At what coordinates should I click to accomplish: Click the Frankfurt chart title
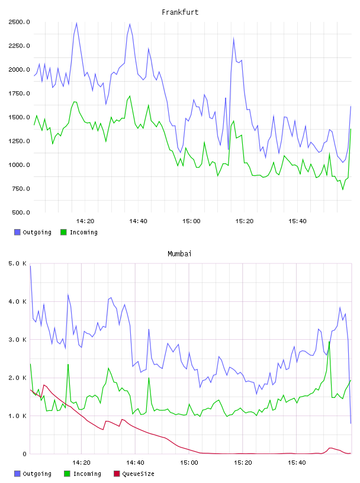(180, 12)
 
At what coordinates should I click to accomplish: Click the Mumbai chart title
(179, 254)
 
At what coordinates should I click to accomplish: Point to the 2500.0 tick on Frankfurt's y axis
(19, 22)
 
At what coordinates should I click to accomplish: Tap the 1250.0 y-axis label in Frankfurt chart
(19, 141)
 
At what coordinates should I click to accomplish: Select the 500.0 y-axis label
(21, 212)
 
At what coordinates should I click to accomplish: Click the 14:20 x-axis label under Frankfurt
(85, 221)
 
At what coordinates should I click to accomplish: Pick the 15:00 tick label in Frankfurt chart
(191, 221)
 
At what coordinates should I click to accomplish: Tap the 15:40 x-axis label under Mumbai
(297, 463)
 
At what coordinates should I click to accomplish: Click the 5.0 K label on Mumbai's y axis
(18, 263)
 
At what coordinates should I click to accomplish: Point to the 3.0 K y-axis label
(18, 340)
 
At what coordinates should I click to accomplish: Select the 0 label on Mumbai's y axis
(25, 454)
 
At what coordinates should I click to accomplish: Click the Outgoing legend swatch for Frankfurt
(17, 232)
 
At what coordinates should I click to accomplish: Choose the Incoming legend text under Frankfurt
(83, 232)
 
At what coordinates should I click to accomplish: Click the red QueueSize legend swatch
(117, 474)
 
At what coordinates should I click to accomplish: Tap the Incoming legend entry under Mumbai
(82, 474)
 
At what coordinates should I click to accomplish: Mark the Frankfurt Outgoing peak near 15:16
(234, 38)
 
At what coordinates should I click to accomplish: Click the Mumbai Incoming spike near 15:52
(329, 342)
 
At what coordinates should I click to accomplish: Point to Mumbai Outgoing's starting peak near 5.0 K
(30, 266)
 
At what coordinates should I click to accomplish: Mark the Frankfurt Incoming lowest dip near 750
(343, 189)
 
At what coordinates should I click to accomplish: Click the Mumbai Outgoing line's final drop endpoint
(351, 423)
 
